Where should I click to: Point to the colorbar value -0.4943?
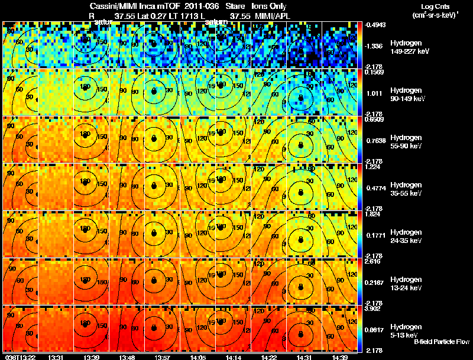point(375,25)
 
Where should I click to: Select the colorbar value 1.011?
point(374,93)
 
